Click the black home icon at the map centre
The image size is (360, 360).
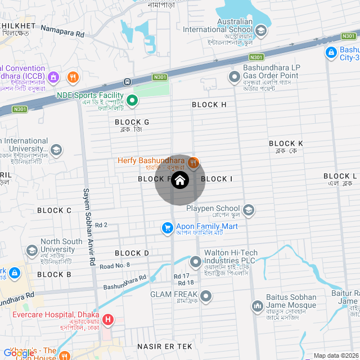point(179,180)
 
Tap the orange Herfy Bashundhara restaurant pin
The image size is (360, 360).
point(193,162)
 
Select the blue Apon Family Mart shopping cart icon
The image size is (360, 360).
point(167,228)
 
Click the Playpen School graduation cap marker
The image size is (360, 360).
point(249,210)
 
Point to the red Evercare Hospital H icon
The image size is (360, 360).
point(107,321)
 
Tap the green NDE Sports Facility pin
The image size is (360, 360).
point(132,101)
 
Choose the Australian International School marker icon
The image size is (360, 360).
point(260,30)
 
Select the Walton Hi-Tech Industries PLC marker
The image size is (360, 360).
point(196,262)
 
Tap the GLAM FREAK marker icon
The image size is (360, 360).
point(206,295)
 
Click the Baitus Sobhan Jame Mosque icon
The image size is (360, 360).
point(258,305)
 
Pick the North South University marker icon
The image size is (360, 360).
point(31,250)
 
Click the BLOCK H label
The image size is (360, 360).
point(209,105)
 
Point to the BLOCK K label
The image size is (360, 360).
point(286,144)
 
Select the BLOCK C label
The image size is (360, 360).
point(54,210)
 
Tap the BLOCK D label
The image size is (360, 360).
point(132,253)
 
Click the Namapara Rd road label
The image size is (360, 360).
point(62,34)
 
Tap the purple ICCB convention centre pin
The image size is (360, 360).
point(54,77)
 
